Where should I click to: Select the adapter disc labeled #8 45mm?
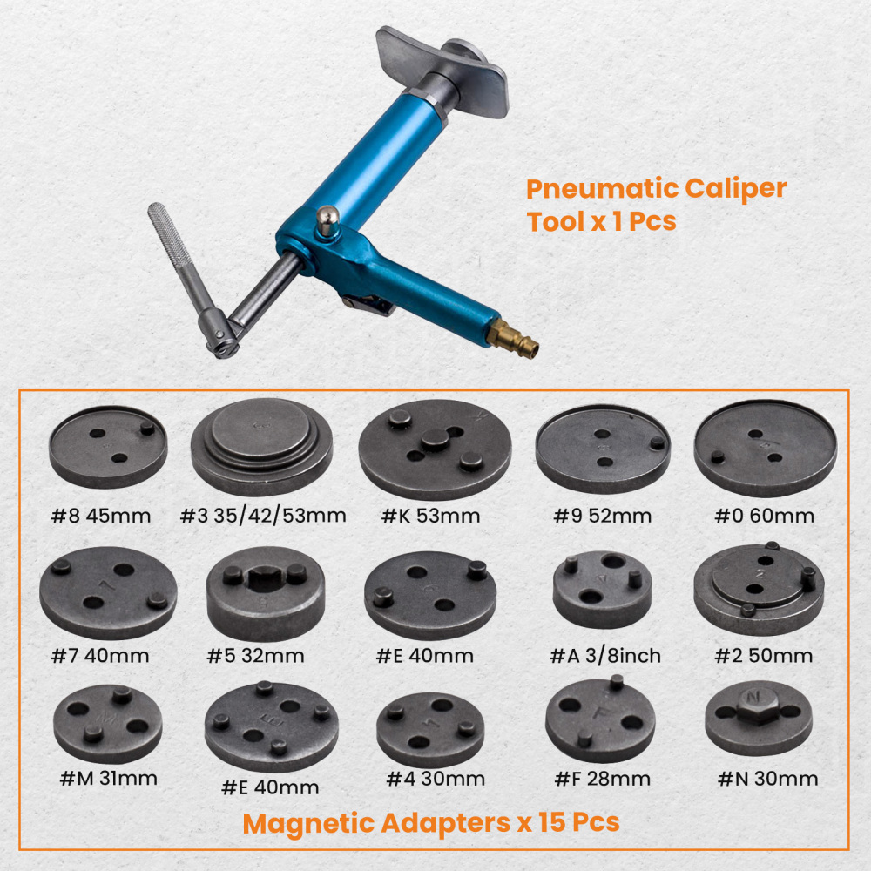[107, 445]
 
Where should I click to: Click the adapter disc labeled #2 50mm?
[759, 589]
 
